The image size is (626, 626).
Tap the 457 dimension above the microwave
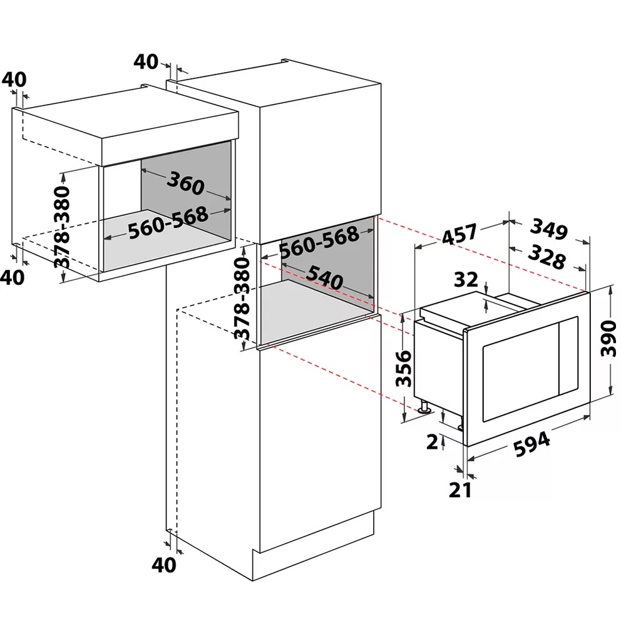coord(459,235)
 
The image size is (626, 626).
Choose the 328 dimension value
coord(546,256)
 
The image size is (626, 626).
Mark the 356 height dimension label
coord(404,368)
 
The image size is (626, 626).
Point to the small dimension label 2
coord(431,442)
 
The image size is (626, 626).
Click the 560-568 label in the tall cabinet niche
coord(319,242)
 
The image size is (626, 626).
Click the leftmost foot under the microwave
coord(426,408)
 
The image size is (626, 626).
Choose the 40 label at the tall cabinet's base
coord(164,565)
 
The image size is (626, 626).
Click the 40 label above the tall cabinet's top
coord(145,61)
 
